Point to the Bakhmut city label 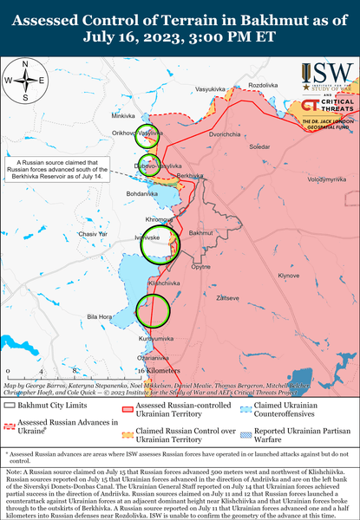click(200, 233)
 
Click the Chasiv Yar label click(92, 234)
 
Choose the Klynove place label click(288, 276)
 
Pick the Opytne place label click(200, 267)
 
